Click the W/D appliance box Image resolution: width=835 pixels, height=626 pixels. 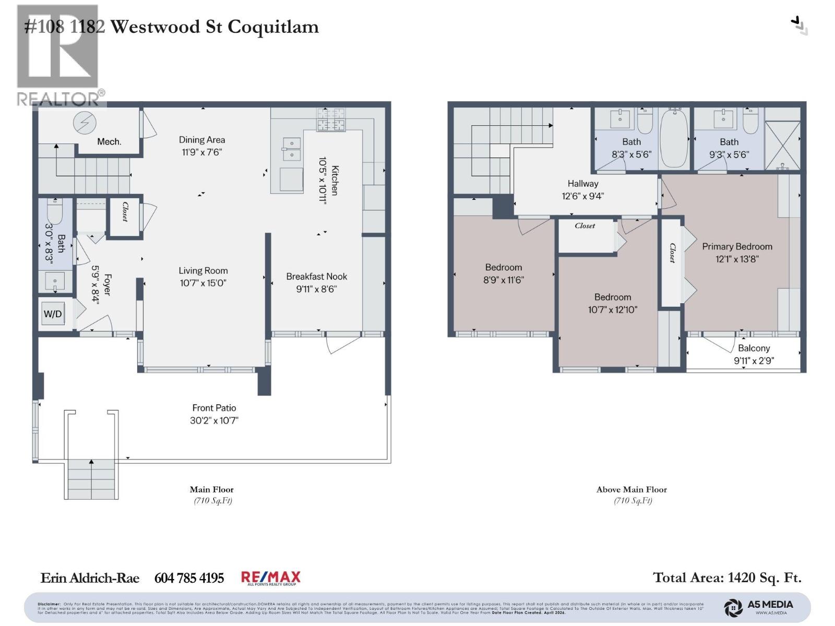pos(53,314)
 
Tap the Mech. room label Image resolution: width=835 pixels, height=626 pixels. pos(109,142)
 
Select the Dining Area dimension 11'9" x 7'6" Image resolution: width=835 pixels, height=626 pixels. pos(202,152)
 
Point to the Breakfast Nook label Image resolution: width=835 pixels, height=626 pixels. pos(316,276)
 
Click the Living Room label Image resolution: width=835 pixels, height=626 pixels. pos(203,271)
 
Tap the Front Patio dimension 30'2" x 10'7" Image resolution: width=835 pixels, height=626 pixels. pos(214,420)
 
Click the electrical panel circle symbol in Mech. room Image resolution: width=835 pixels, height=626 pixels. pos(85,123)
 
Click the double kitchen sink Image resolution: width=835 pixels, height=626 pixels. pos(291,149)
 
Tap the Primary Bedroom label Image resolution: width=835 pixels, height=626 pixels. pos(737,247)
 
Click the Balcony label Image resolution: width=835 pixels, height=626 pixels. pos(754,348)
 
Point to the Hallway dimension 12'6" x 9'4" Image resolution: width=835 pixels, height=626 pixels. pos(582,196)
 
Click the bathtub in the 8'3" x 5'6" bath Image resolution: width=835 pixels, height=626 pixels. pos(674,138)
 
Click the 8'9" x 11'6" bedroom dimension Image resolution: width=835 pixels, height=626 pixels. pos(503,280)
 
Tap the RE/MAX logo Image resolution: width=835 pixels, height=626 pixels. pos(270,577)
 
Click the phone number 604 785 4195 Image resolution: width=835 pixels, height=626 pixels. pos(189,578)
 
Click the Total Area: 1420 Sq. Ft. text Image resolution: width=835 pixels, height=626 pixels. pos(727,577)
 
